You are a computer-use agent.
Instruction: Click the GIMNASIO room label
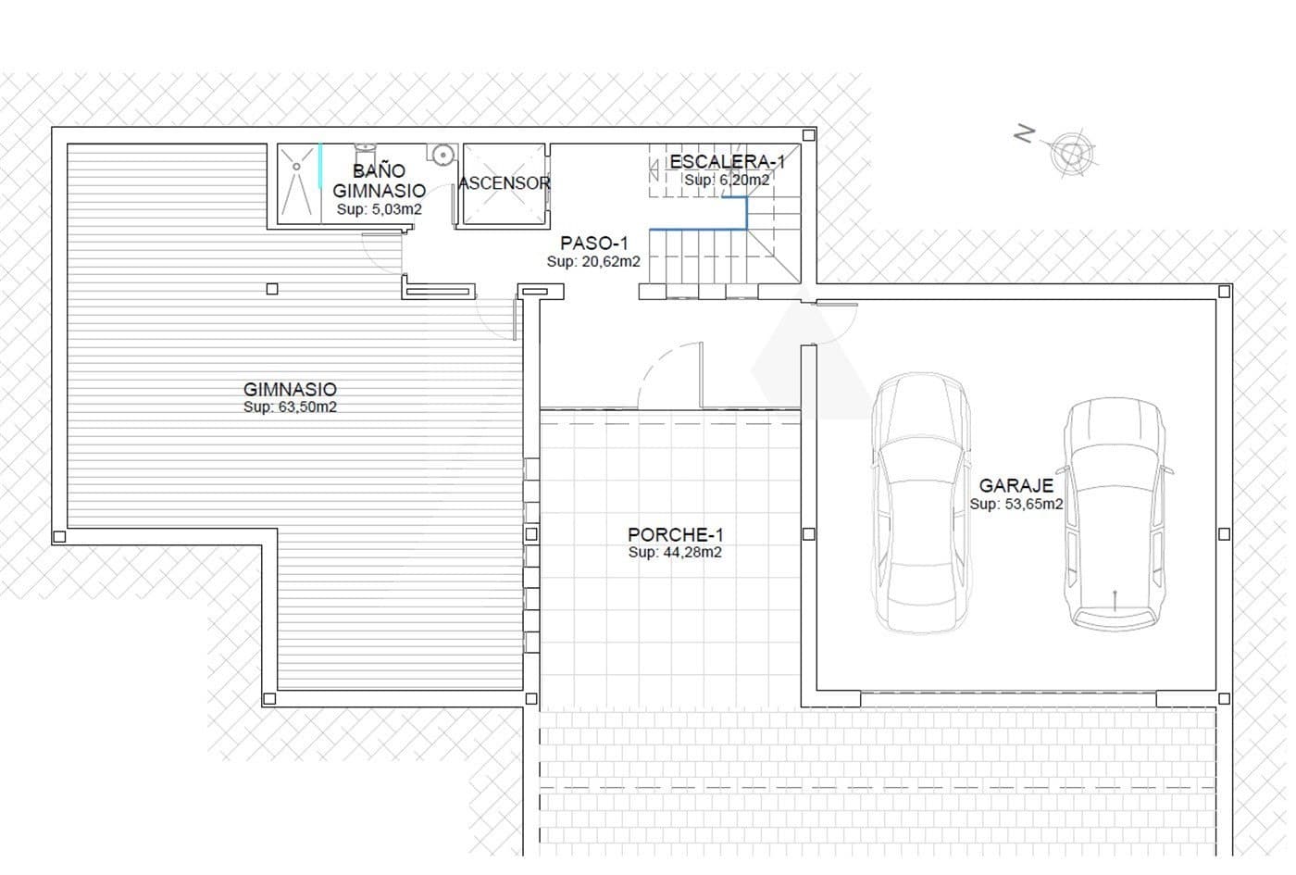(x=290, y=390)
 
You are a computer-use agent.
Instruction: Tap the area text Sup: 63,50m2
(x=290, y=407)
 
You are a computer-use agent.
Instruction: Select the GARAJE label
(x=1016, y=486)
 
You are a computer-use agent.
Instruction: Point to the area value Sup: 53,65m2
(x=1016, y=505)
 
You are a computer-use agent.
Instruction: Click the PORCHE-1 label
(x=675, y=534)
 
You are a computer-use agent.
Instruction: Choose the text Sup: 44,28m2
(x=675, y=553)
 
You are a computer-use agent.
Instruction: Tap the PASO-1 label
(x=593, y=244)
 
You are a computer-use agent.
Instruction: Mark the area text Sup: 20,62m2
(x=593, y=262)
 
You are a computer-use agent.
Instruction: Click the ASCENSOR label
(x=505, y=183)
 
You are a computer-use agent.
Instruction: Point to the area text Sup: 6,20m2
(x=727, y=181)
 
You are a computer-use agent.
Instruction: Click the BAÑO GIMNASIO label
(x=379, y=181)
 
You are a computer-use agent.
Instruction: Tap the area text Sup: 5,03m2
(x=379, y=210)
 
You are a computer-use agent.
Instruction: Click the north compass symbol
(x=1073, y=151)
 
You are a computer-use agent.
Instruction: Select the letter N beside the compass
(x=1024, y=135)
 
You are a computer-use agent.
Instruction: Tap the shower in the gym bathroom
(x=297, y=184)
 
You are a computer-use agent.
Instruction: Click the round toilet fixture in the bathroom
(x=443, y=154)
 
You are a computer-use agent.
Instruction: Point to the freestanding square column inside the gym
(x=271, y=289)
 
